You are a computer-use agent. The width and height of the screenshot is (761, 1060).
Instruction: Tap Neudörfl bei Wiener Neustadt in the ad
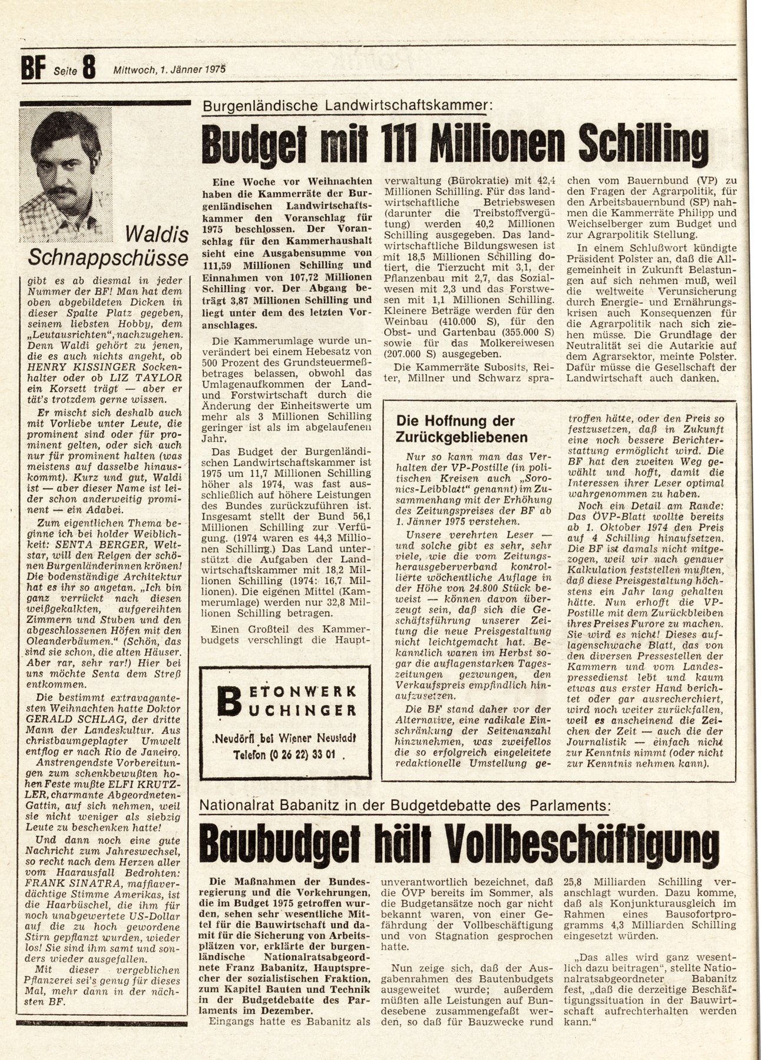[286, 738]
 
